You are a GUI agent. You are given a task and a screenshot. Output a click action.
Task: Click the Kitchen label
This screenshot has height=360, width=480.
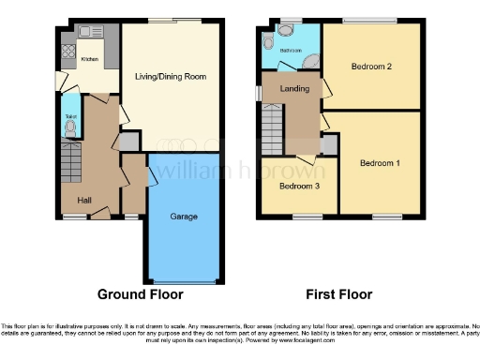tap(89, 59)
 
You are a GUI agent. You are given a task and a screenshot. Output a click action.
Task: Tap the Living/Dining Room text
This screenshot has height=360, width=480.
tap(170, 76)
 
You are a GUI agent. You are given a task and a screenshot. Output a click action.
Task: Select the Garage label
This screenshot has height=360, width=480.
tap(183, 217)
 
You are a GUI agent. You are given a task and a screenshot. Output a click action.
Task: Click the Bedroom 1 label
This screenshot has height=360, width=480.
tap(380, 163)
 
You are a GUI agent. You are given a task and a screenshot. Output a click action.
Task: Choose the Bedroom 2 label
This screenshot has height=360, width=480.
tap(371, 67)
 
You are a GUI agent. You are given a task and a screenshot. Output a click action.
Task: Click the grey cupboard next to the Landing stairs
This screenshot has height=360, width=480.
tap(328, 144)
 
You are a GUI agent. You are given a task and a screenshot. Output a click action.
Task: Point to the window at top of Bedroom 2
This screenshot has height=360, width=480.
tap(370, 20)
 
